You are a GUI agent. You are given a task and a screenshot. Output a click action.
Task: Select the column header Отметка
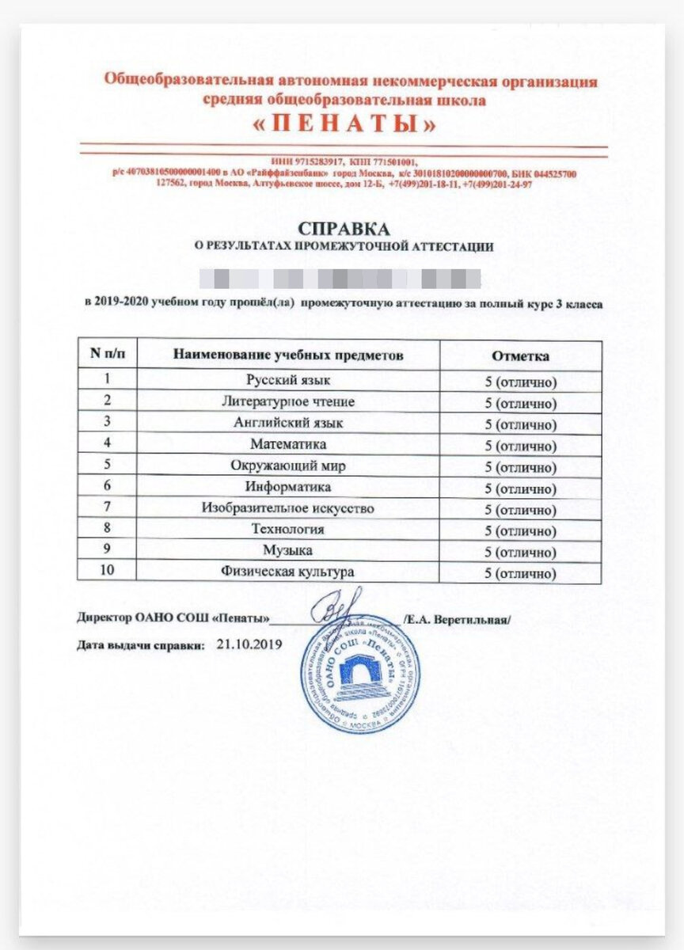pos(520,356)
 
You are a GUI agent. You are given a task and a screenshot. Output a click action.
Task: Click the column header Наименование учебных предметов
pos(288,355)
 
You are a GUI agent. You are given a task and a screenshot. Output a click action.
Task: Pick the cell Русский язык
pos(287,381)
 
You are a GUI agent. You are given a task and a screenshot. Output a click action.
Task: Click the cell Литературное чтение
pos(287,402)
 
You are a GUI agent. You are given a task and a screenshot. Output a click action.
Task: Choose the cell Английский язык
pos(287,424)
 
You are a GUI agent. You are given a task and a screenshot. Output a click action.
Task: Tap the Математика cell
pos(287,445)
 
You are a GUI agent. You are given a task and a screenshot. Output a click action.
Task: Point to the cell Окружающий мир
pos(287,466)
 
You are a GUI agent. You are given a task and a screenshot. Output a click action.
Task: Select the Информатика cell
pos(287,487)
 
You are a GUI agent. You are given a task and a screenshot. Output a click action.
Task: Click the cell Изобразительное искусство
pos(287,508)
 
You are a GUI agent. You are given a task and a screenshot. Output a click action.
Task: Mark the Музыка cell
pos(287,550)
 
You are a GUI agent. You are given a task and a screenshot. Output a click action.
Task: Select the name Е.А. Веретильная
pos(459,619)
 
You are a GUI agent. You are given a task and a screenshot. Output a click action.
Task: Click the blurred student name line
pos(340,279)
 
